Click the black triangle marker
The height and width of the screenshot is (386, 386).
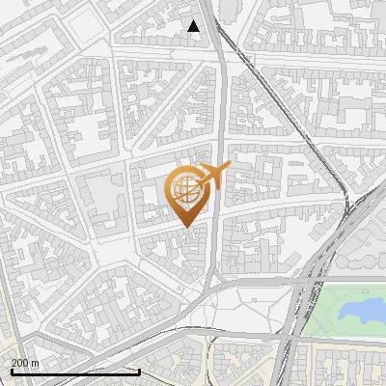[194, 26]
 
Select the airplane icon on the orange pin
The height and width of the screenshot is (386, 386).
[209, 178]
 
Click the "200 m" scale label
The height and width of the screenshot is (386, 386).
[24, 363]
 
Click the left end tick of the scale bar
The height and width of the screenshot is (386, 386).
[12, 371]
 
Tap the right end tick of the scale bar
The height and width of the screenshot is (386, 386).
[140, 371]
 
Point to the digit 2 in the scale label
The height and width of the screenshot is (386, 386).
[14, 363]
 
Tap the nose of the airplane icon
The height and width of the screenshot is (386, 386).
[228, 168]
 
